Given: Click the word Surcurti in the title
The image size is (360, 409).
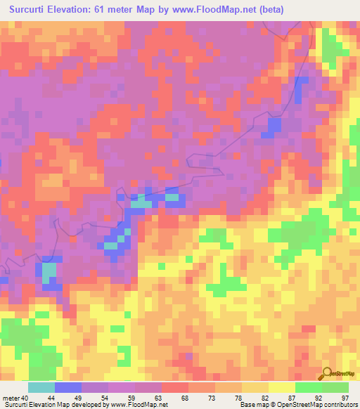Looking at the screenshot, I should tap(26, 10).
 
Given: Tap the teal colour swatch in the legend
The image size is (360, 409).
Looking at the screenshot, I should tap(41, 387).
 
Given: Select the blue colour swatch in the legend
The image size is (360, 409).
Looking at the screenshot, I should tap(68, 387).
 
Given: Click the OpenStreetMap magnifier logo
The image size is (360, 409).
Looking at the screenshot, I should tap(327, 375).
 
